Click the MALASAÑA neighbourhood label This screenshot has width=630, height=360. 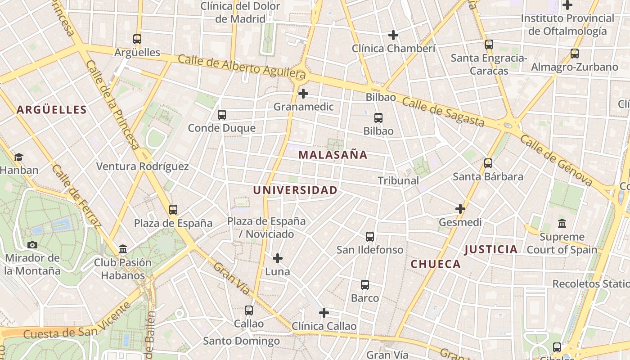(333, 155)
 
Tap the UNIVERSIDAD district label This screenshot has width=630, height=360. (295, 190)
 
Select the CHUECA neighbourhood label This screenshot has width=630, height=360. (436, 264)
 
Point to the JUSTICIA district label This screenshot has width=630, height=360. (491, 249)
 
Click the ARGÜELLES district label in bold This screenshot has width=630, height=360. (52, 110)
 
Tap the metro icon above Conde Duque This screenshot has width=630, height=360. (222, 115)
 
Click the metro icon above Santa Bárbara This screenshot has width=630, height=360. (488, 163)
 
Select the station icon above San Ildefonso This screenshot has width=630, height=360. (370, 237)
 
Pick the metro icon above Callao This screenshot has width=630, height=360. (249, 310)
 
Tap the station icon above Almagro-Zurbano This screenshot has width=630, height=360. (575, 54)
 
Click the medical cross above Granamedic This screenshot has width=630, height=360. (303, 94)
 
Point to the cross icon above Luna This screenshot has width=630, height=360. (278, 258)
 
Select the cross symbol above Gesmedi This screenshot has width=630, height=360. (460, 209)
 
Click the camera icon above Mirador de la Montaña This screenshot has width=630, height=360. (32, 245)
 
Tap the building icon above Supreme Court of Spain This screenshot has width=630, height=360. (562, 223)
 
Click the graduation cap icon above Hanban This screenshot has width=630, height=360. (18, 157)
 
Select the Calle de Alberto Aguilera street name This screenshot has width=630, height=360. (242, 67)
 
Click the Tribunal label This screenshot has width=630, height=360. (398, 180)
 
